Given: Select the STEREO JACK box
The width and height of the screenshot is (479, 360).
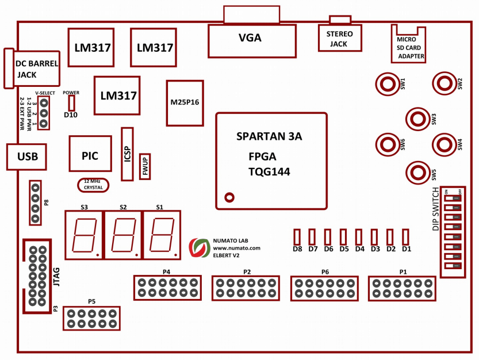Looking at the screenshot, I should tap(340, 39).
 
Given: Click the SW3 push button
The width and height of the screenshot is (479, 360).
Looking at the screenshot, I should tap(417, 118).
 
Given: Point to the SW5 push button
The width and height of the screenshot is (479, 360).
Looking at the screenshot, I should tap(417, 171).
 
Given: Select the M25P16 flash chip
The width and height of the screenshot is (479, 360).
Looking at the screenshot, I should tap(185, 103).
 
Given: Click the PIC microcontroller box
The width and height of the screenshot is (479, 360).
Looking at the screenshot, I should tap(90, 154).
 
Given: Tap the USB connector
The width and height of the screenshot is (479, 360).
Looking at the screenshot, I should tap(26, 156).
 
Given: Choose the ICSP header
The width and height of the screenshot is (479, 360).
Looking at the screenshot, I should tap(127, 153).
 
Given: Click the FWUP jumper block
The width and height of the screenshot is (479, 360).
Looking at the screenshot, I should tap(145, 166).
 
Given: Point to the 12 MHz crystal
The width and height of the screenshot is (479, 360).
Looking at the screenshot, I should tap(93, 184).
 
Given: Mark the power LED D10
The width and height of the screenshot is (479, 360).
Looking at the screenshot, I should tap(71, 103).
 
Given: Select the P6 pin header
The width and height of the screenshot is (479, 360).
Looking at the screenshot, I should tap(325, 288).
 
